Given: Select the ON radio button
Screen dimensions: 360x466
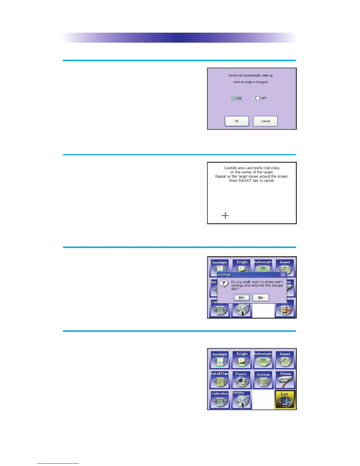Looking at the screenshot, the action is click(x=234, y=98).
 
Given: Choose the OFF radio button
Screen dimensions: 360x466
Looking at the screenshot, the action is click(x=258, y=98).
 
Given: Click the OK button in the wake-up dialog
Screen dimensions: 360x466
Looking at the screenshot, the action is click(x=237, y=121).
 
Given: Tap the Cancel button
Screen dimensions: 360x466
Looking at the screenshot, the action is click(x=265, y=121).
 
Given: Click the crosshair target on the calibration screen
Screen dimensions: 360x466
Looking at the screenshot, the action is click(x=225, y=216).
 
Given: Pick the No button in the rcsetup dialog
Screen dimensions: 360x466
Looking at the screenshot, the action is click(x=261, y=297).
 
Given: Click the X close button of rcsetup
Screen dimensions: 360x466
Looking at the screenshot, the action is click(x=283, y=275).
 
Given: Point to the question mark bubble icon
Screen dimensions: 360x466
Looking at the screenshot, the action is click(x=224, y=284).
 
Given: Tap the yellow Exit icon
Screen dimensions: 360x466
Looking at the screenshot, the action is click(x=285, y=400).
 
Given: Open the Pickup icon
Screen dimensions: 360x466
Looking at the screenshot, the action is click(x=285, y=380).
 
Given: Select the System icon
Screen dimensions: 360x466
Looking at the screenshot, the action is click(x=263, y=380).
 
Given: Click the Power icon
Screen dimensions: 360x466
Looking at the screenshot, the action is click(x=241, y=380).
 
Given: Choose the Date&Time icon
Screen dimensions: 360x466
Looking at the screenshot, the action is click(x=219, y=380).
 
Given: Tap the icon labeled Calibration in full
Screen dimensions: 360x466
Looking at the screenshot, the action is click(x=219, y=400).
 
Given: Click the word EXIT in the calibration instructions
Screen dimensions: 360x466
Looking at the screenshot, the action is click(x=248, y=181).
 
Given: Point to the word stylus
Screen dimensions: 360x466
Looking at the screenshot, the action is click(x=275, y=168).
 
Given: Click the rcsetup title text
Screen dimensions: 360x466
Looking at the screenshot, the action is click(x=224, y=275).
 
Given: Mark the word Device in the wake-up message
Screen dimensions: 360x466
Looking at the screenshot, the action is click(x=233, y=76).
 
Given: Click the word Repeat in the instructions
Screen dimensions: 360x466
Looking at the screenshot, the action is click(x=221, y=177).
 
